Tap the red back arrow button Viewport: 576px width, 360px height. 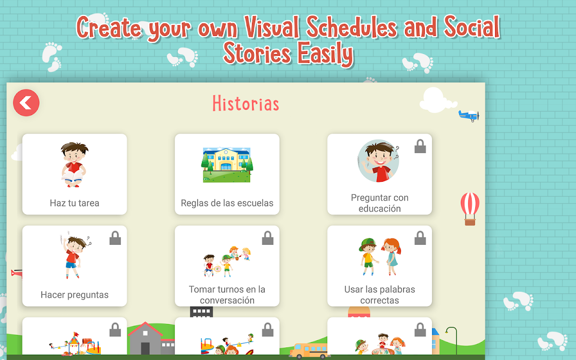coord(26,103)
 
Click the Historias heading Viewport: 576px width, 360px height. coord(246,103)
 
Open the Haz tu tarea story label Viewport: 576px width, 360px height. coord(75,203)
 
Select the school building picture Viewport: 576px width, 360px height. coord(227,165)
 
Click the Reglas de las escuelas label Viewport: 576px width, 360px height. coord(227,203)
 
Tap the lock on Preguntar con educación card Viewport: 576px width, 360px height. coord(420,146)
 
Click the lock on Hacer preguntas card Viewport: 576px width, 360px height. coord(115,238)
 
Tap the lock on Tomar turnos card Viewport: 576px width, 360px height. coord(268,238)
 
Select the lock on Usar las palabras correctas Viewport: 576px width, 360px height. coord(420,238)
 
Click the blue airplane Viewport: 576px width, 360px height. coord(469,116)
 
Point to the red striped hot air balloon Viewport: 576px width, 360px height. coord(470,209)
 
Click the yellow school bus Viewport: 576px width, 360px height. coord(309,351)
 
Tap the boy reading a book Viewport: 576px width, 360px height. coord(74,165)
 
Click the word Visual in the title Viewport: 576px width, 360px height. coord(272,27)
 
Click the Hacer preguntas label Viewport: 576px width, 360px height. coord(75,295)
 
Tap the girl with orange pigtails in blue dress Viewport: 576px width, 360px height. coord(391,256)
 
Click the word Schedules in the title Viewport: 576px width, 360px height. coord(351,27)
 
